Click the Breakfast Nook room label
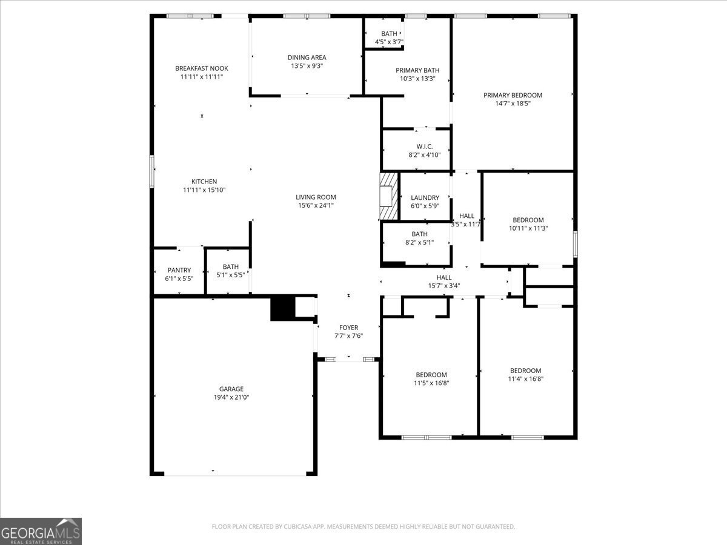click(202, 68)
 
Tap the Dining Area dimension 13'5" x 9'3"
click(307, 66)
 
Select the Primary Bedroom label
click(513, 95)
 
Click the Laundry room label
click(425, 197)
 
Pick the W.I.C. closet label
click(425, 147)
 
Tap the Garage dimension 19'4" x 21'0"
click(231, 397)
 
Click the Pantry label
click(179, 270)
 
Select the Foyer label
click(348, 328)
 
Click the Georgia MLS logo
click(41, 531)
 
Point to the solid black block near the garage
click(282, 309)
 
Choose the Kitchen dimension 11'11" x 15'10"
click(204, 190)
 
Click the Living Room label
click(316, 197)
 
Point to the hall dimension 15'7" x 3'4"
click(444, 286)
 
